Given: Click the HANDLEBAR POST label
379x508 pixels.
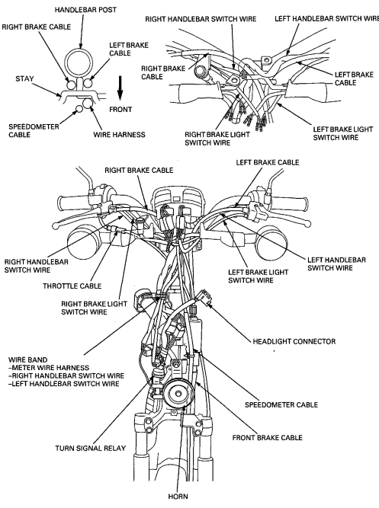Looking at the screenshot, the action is coord(85,10).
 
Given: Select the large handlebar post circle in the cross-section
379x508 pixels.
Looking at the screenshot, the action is coord(79,50).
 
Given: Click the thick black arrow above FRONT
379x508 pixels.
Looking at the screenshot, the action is coord(120,88).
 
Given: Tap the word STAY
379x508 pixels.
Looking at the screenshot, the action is coord(24,78).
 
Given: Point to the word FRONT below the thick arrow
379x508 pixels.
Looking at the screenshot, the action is coord(120,110).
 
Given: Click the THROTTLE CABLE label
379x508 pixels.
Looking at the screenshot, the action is coord(72,286).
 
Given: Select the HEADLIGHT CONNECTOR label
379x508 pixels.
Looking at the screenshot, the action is coord(294,341).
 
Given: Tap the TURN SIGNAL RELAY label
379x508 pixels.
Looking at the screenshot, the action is coord(90,449).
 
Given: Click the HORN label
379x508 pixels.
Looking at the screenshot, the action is coord(178,497).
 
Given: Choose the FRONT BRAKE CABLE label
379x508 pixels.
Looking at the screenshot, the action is coord(268,438).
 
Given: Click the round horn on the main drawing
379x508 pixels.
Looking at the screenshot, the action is coord(178,393).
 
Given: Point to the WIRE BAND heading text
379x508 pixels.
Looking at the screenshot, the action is coord(28,359).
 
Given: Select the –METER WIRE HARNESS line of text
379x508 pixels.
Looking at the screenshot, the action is coord(49,368).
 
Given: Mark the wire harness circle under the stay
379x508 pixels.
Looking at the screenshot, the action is coord(88,104).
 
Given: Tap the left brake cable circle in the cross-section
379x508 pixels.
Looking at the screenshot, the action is coord(87,84).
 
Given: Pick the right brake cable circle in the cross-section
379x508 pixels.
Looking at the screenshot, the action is coord(72,85).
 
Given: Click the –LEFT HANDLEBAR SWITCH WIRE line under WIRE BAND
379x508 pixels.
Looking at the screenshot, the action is coord(63,384).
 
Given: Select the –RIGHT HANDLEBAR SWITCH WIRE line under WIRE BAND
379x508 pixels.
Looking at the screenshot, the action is coord(66,375).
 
